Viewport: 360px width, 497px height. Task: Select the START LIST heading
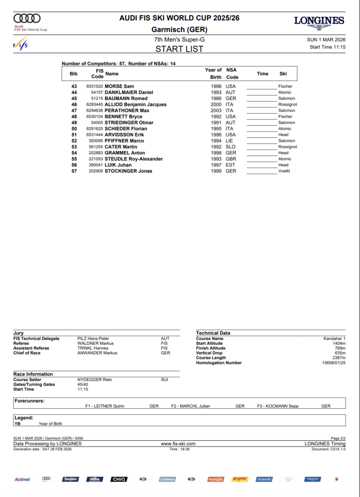coord(180,49)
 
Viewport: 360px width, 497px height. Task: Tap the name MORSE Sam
coord(119,86)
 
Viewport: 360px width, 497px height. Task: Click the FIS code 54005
coord(97,123)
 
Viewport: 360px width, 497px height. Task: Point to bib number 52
coord(74,141)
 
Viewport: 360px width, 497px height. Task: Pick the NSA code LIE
coord(230,141)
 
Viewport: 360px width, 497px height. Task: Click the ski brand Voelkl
coord(284,171)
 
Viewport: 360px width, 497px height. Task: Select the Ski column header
coord(283,74)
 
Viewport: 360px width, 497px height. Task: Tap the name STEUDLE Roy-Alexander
coord(134,159)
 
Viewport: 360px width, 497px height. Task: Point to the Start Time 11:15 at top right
coord(327,47)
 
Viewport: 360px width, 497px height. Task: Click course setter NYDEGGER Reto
coord(95,380)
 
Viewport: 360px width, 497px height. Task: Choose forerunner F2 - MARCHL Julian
coord(191,406)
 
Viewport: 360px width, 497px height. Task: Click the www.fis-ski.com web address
coord(178,444)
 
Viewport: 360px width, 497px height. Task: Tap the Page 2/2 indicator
coord(338,438)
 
